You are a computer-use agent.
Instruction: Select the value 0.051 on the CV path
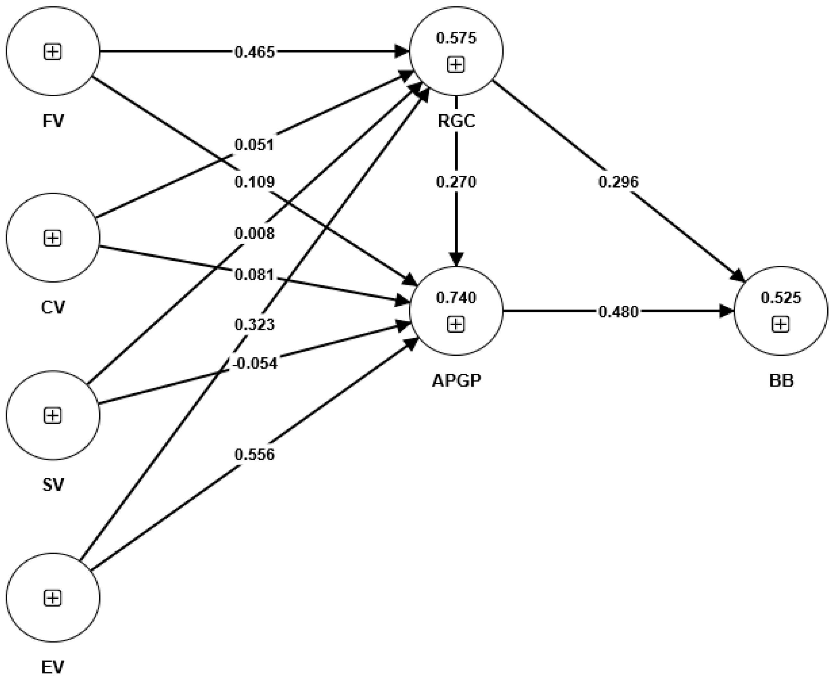coord(254,145)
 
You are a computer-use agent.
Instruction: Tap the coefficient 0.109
coord(254,182)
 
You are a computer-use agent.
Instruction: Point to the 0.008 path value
coord(254,234)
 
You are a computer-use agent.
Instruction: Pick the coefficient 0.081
coord(254,275)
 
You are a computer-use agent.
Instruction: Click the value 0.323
coord(254,325)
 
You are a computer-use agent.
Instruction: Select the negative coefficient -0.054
coord(255,363)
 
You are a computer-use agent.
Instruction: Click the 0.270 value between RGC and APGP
coord(456,182)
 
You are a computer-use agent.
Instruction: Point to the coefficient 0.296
coord(618,182)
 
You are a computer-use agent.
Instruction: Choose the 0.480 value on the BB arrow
coord(618,312)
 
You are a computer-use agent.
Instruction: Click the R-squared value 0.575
coord(456,38)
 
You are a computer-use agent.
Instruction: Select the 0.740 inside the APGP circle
coord(456,298)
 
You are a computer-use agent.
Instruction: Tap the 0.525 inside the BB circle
coord(781,298)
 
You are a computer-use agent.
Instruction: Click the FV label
coord(53,121)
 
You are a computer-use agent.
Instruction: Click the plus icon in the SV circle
coord(53,415)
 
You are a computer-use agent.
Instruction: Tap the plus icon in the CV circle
coord(53,238)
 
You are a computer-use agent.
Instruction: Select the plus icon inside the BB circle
coord(781,325)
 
